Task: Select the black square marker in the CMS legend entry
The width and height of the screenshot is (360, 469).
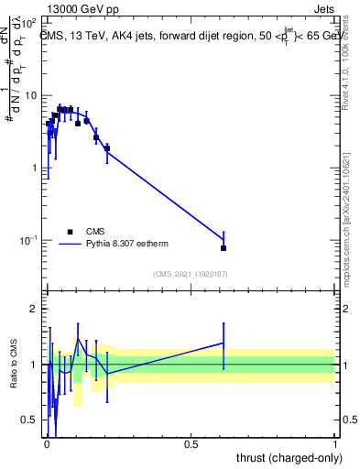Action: tap(69, 232)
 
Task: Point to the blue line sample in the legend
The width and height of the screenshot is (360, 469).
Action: tap(69, 244)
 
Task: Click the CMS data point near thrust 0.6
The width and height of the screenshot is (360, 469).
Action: tap(224, 248)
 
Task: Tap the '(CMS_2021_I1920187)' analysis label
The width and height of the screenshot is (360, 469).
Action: tap(190, 274)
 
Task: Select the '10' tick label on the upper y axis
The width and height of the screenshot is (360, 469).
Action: tap(31, 95)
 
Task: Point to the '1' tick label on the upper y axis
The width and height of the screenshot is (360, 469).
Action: tap(34, 168)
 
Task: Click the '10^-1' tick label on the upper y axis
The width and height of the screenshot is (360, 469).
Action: tap(28, 240)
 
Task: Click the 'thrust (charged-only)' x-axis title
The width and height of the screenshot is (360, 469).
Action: tap(289, 457)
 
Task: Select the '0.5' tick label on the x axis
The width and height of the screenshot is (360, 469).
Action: tap(191, 444)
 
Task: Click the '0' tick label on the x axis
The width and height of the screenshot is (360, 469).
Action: tap(46, 444)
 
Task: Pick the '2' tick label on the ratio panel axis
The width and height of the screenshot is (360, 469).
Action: tap(34, 309)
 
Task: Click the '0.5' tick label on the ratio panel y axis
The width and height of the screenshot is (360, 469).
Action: tap(30, 420)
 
